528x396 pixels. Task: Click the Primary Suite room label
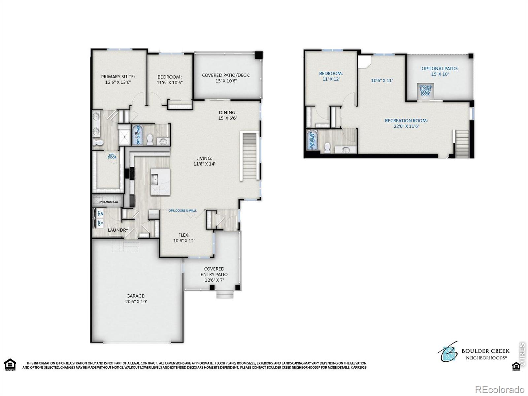click(118, 79)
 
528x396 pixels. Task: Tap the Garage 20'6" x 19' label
click(136, 299)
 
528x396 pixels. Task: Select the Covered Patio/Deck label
click(226, 78)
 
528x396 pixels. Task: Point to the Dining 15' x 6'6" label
click(228, 115)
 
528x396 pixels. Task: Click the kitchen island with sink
click(160, 181)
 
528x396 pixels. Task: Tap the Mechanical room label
click(109, 202)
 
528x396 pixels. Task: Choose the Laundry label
click(118, 230)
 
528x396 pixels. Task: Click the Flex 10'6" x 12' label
click(184, 238)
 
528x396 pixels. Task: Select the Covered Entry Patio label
click(214, 274)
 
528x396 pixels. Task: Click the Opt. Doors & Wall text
click(182, 211)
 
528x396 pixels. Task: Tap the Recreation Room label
click(406, 123)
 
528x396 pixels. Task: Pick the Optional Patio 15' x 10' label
click(440, 71)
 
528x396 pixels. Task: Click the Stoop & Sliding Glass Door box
click(425, 90)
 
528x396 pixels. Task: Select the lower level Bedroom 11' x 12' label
click(331, 76)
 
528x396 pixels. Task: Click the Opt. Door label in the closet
click(112, 156)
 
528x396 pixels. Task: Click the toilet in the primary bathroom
click(98, 143)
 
